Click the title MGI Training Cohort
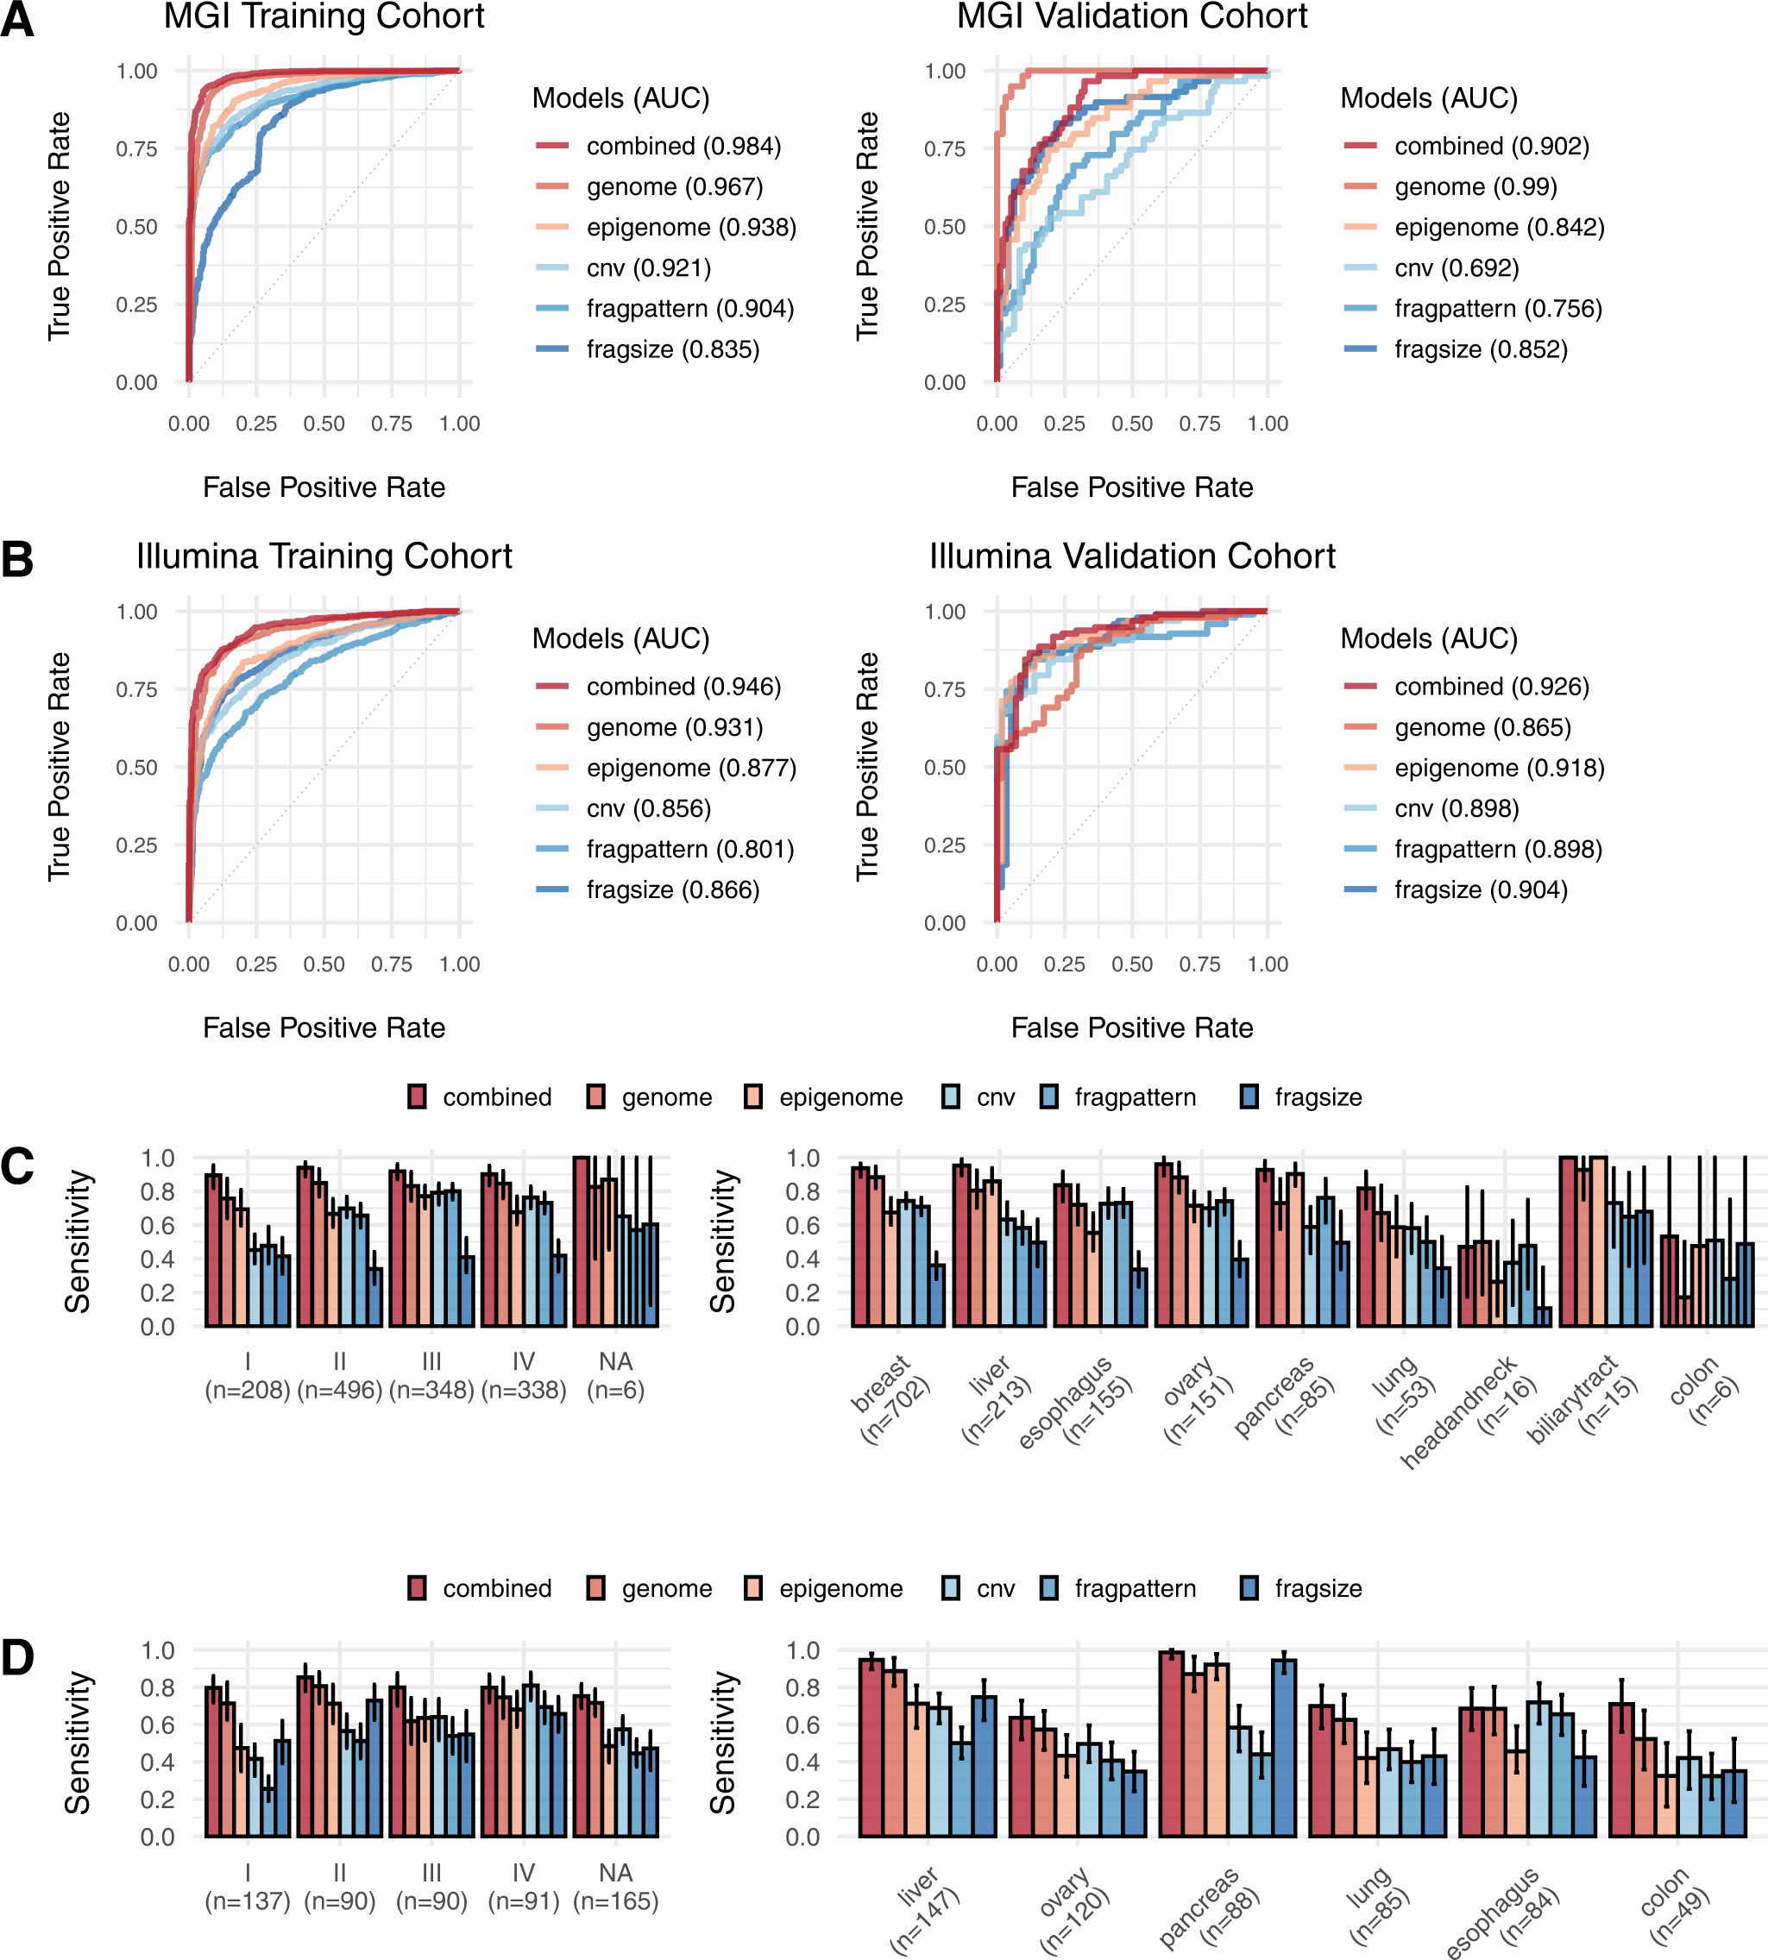324,16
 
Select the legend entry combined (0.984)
683,146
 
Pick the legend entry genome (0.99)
1475,186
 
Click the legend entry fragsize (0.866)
672,889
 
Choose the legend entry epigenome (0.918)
1499,769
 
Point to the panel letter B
16,559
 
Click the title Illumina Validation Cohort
1132,556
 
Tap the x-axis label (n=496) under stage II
339,1390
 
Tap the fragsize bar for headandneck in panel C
1545,1317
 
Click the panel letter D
16,1658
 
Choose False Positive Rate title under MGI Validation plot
1132,487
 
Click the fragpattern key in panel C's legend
1049,1097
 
